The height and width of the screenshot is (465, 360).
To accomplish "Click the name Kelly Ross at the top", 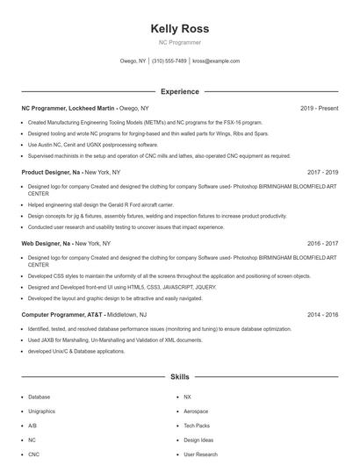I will [179, 29].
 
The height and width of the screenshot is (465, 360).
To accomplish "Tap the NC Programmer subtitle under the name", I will [179, 42].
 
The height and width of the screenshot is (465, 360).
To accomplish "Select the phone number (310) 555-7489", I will [169, 61].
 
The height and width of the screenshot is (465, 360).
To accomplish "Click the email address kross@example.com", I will [216, 61].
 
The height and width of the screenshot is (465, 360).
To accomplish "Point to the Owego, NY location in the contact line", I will [133, 61].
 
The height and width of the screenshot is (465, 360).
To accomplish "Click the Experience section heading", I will [179, 91].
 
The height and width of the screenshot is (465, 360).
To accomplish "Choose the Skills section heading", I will [179, 376].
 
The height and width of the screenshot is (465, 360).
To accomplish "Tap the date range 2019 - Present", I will [320, 108].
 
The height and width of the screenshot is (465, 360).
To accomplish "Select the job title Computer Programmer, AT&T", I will [61, 313].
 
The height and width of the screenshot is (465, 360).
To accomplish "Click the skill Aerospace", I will [196, 411].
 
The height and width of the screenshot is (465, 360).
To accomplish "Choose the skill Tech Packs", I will [197, 426].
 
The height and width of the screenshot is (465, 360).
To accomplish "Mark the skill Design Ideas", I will [198, 440].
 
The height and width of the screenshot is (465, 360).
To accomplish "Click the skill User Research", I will [201, 454].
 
